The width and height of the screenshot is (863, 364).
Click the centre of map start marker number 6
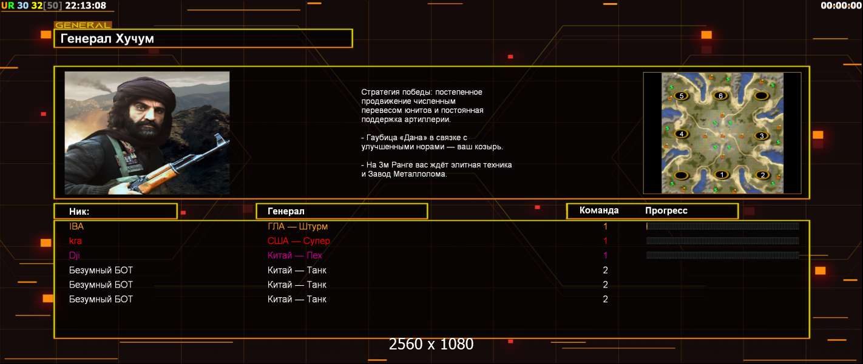720,96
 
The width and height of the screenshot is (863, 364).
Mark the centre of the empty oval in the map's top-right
761,96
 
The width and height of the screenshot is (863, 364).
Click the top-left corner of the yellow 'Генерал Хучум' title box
54,29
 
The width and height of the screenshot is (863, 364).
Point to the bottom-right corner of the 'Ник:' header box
177,219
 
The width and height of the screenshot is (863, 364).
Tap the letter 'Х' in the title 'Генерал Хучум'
120,38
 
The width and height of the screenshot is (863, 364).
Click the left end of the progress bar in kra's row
646,241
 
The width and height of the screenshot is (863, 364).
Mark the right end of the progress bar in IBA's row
799,226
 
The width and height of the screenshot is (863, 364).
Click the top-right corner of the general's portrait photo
229,72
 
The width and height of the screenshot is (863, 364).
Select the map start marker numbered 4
681,134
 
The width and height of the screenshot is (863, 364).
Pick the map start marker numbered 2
762,175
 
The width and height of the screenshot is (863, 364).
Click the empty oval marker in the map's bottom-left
681,176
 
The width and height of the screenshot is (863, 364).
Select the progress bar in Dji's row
723,255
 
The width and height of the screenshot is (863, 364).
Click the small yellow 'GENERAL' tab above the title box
83,25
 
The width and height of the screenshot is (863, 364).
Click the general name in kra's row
299,241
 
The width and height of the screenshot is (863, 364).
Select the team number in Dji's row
605,255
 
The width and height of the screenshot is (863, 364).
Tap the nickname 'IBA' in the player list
76,226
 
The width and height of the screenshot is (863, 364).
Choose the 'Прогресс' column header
666,211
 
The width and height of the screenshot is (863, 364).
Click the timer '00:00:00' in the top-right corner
841,5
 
